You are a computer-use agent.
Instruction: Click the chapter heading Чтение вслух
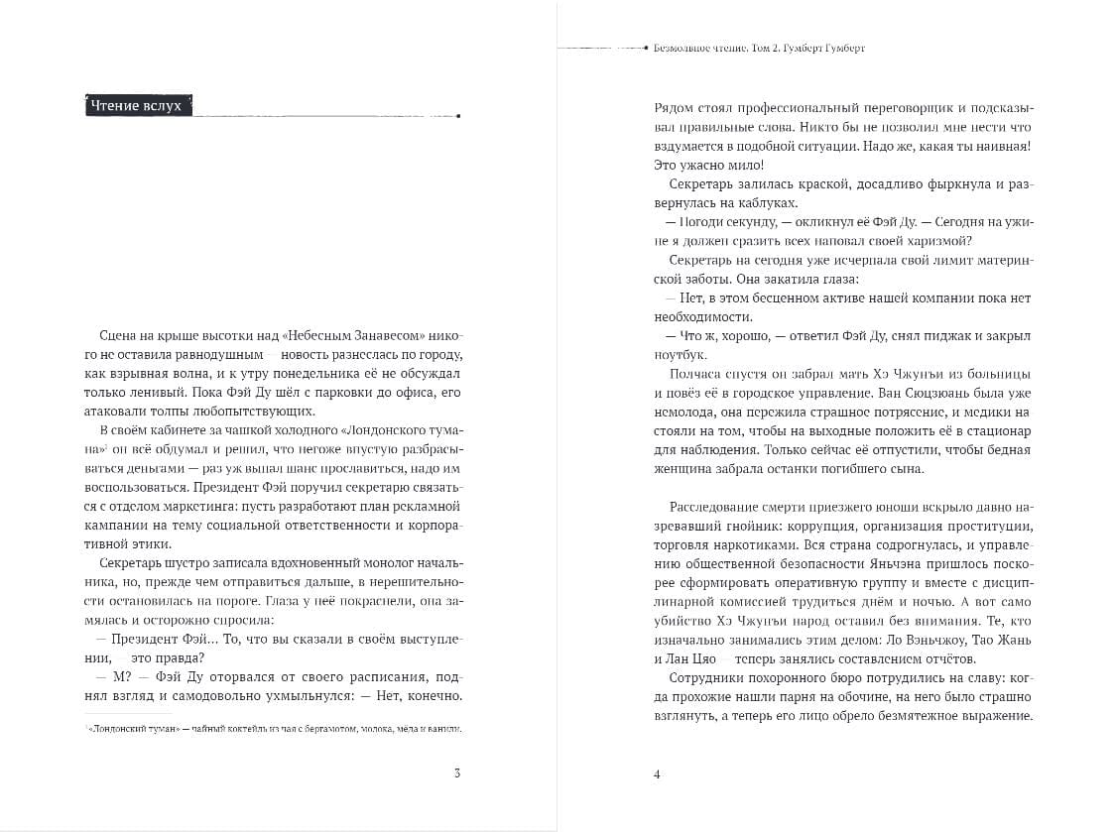click(137, 105)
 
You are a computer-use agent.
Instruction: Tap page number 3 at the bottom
click(456, 773)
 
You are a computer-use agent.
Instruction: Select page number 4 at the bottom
click(658, 773)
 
